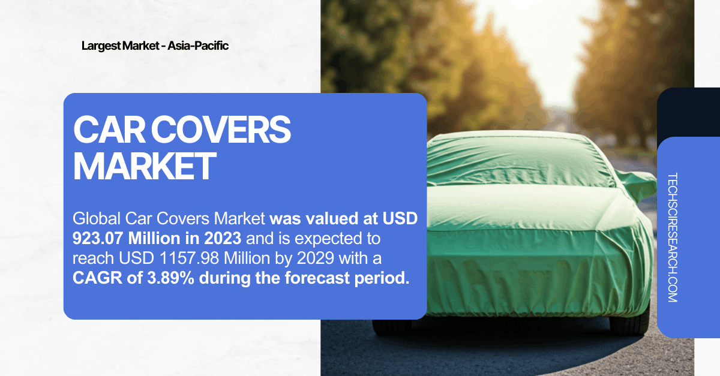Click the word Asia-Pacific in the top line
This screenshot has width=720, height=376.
pyautogui.click(x=197, y=46)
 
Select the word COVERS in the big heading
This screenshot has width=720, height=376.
pyautogui.click(x=221, y=130)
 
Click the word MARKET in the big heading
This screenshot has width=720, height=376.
pyautogui.click(x=145, y=166)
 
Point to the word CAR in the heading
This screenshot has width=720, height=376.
pyautogui.click(x=109, y=130)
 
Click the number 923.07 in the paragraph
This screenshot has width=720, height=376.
pyautogui.click(x=98, y=239)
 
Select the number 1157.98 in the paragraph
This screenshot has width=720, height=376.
pyautogui.click(x=190, y=258)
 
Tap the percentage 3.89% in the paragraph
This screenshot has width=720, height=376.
pyautogui.click(x=170, y=278)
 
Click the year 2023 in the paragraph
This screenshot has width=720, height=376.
pyautogui.click(x=223, y=239)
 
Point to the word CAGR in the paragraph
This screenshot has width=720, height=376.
pyautogui.click(x=97, y=278)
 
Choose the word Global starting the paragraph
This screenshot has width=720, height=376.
pyautogui.click(x=97, y=218)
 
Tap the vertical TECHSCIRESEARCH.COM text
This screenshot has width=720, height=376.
pyautogui.click(x=673, y=237)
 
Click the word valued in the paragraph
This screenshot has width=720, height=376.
pyautogui.click(x=332, y=219)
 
